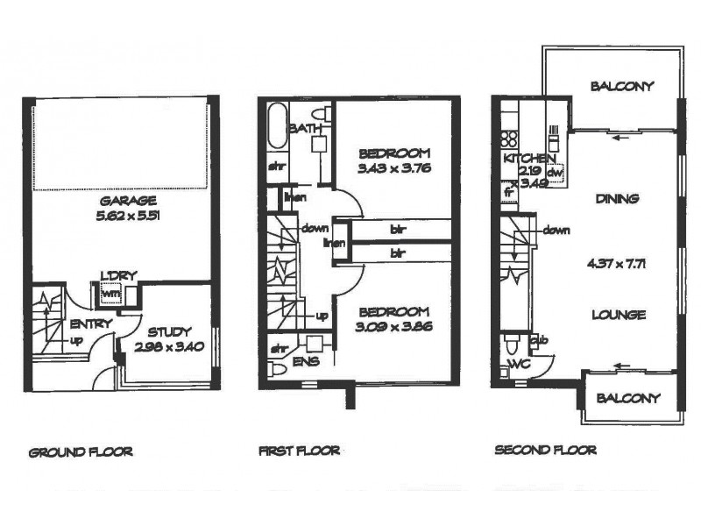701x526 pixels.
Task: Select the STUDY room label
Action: (x=169, y=331)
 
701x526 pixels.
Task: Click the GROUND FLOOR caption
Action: (x=81, y=452)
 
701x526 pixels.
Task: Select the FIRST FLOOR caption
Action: (x=299, y=452)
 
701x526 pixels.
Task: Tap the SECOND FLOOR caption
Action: (x=545, y=451)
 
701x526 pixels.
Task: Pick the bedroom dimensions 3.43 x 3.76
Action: (x=396, y=167)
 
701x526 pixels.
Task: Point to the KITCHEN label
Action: (x=528, y=159)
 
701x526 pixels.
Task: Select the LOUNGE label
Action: (x=619, y=315)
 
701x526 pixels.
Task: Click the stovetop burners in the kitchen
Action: (x=507, y=138)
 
